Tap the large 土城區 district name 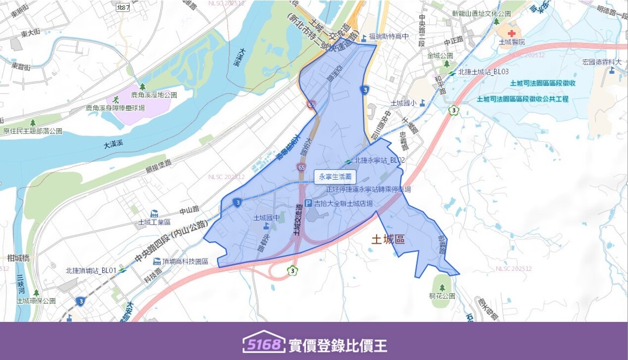pyautogui.click(x=388, y=240)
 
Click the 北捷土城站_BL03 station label pyautogui.click(x=483, y=72)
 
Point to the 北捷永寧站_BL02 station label pyautogui.click(x=380, y=160)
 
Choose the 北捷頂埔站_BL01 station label pyautogui.click(x=91, y=270)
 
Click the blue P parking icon pyautogui.click(x=308, y=203)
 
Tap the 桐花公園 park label pyautogui.click(x=442, y=296)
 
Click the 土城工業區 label pyautogui.click(x=154, y=223)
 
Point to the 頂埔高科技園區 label pyautogui.click(x=184, y=261)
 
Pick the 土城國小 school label pyautogui.click(x=404, y=103)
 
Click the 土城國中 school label pyautogui.click(x=266, y=218)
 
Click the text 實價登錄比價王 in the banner pyautogui.click(x=338, y=345)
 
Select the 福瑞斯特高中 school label pyautogui.click(x=391, y=37)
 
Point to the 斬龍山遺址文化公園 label pyautogui.click(x=481, y=13)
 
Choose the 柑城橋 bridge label pyautogui.click(x=19, y=258)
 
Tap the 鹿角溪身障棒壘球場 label pyautogui.click(x=115, y=107)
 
